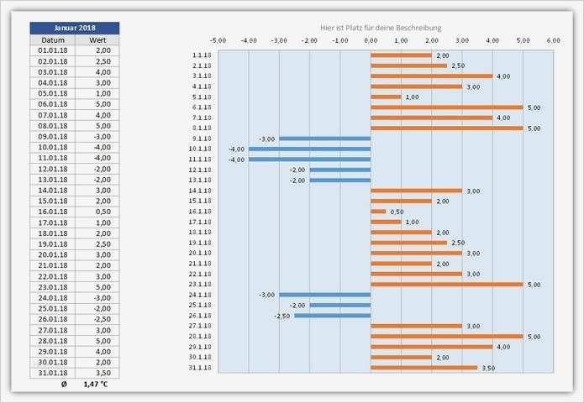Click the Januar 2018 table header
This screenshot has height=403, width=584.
74,28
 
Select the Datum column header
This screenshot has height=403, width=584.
52,39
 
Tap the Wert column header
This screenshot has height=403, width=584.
97,39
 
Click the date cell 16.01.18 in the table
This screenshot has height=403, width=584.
52,212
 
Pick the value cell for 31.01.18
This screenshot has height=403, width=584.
97,372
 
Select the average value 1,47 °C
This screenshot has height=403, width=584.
96,384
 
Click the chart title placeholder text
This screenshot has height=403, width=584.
387,28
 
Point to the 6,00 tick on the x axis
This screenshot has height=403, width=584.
553,39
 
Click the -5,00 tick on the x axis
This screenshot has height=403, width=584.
218,39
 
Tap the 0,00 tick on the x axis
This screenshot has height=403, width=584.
371,39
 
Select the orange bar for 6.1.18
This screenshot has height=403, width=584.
446,107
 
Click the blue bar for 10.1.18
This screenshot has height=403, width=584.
309,149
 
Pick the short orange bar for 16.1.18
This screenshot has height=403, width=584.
378,212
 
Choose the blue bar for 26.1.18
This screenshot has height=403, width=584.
332,316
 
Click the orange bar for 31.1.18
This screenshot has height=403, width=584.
424,368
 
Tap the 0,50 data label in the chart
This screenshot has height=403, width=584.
397,212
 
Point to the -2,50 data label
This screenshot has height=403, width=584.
281,316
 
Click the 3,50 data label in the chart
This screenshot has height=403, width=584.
488,368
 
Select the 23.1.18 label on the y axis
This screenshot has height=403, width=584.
201,284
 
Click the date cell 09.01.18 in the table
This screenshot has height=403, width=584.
52,136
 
